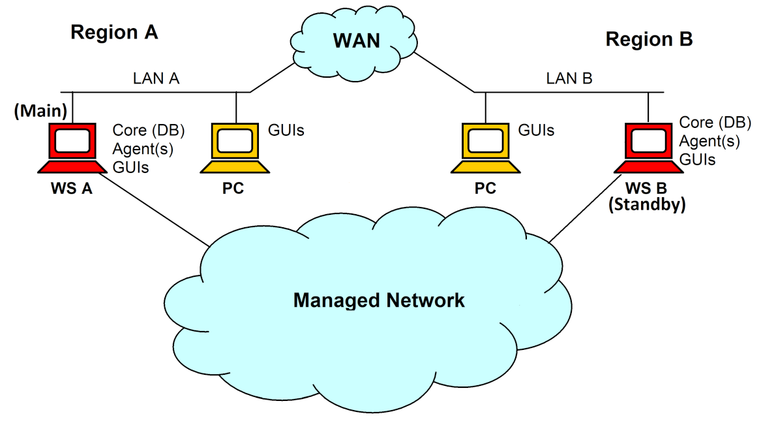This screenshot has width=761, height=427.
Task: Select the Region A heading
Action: click(x=114, y=33)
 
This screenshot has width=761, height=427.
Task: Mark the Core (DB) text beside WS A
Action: click(x=149, y=130)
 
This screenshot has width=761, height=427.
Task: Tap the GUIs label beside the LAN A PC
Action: click(x=286, y=131)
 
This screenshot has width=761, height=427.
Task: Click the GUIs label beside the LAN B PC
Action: click(x=535, y=131)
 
